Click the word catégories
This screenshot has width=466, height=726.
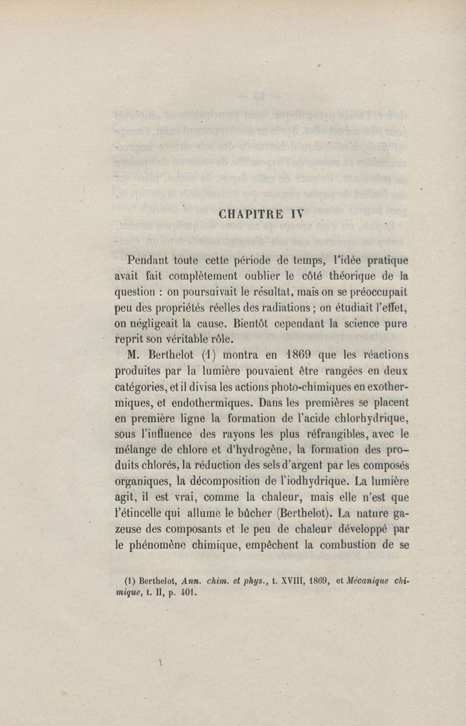[x=142, y=386]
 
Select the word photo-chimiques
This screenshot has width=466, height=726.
[x=288, y=386]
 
